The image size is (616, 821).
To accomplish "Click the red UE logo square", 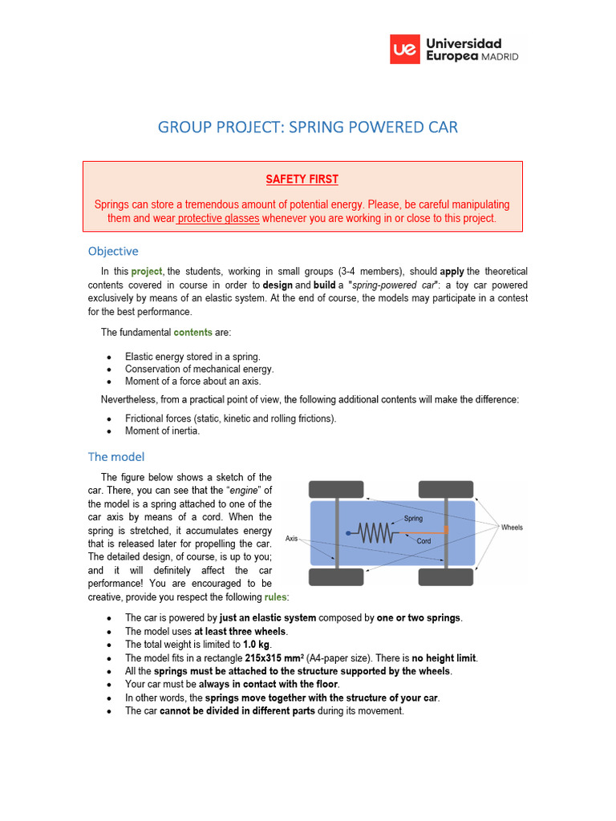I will coord(404,49).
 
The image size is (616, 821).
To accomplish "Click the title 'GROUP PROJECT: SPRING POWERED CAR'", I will coord(308,127).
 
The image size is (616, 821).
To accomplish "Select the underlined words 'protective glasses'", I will coord(218,218).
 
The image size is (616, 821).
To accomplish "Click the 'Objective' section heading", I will coord(113,251).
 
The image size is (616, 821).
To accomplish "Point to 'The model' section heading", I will coord(116,457).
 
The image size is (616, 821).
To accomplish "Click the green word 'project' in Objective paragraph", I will coord(147,272).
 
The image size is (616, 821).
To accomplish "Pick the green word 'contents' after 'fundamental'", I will coord(193,332).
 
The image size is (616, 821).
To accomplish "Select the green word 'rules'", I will coord(276,597).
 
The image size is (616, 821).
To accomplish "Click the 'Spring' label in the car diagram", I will coord(413,519).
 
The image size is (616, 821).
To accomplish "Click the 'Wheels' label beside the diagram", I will coord(512,528).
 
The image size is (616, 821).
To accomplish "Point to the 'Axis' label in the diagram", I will coord(292,539).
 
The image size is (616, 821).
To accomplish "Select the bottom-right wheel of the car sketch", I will coord(446,577).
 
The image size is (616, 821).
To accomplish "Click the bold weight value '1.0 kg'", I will coord(256,645).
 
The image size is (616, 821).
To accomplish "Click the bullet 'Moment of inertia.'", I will coord(162,431).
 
